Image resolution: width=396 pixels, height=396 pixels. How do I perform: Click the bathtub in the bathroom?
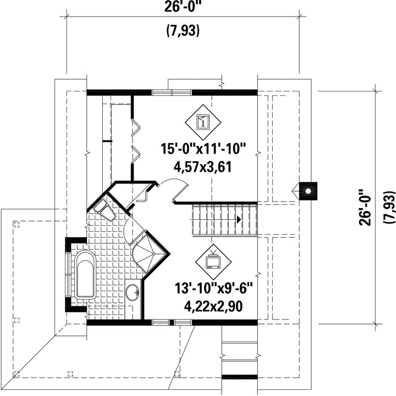(x=85, y=275)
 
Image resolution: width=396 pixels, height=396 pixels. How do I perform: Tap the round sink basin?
(x=133, y=292)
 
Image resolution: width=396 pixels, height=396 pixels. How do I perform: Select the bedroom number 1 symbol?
(x=203, y=122)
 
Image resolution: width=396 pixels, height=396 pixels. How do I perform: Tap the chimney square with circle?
(x=308, y=191)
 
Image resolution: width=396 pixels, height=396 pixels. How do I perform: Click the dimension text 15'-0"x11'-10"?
(x=204, y=149)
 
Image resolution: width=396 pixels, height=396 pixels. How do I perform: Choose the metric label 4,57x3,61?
(x=203, y=167)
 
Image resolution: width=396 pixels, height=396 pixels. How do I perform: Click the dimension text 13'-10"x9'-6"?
(x=213, y=288)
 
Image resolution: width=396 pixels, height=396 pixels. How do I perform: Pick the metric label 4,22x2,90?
(x=213, y=306)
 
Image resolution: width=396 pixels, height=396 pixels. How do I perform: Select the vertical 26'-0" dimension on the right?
(x=365, y=207)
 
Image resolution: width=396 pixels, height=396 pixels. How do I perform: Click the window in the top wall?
(x=172, y=93)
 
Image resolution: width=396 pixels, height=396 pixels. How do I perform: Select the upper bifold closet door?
(x=135, y=127)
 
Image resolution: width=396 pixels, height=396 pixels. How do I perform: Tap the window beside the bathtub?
(x=68, y=274)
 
